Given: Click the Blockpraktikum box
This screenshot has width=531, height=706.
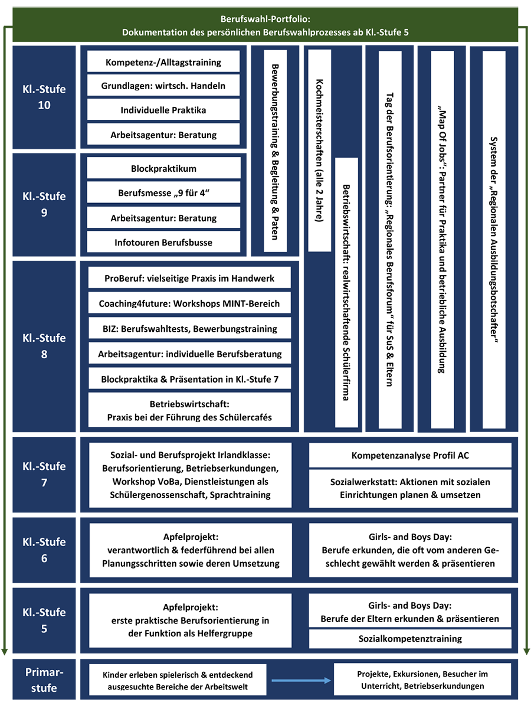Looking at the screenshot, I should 163,168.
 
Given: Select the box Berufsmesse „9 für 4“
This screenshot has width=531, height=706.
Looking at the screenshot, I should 163,192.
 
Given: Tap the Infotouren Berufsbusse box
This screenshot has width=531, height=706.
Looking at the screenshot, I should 163,242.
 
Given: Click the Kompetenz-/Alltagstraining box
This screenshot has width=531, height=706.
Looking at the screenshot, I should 163,62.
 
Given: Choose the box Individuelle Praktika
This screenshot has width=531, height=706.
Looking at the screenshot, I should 163,110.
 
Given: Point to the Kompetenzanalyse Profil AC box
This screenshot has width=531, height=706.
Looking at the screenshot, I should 410,455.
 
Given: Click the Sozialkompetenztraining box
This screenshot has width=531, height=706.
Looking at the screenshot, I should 410,638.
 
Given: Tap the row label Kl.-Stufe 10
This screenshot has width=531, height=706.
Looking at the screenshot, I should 44,97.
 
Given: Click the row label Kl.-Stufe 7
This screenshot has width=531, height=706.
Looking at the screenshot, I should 44,474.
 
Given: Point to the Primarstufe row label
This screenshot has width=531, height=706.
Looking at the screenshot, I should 44,680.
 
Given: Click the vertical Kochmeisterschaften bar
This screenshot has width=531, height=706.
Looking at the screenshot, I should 319,151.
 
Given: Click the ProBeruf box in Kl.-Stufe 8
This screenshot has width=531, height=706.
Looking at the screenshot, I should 189,278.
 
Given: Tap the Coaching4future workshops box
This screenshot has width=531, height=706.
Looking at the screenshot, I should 189,303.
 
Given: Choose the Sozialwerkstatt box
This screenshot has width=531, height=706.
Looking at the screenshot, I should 410,488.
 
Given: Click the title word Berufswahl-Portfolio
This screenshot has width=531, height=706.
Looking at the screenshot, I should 265,19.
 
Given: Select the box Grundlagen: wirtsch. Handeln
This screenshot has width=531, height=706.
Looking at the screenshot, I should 163,86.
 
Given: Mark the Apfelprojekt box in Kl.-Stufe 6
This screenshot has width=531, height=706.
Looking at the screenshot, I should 190,550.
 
